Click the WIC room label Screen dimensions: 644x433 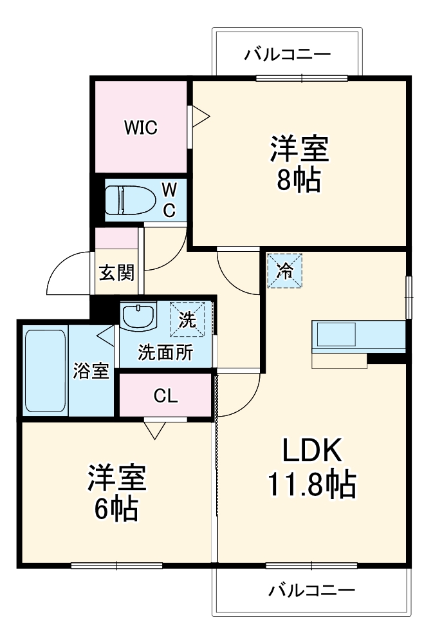(x=140, y=128)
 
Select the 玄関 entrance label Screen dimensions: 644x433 (x=116, y=272)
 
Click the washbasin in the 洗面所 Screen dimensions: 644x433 (x=138, y=317)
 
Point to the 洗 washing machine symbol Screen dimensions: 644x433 (x=187, y=320)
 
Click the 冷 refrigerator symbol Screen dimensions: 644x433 (x=284, y=271)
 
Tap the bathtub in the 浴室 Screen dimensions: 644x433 (x=45, y=372)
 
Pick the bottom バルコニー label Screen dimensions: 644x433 (x=312, y=590)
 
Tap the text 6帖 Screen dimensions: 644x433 (x=116, y=509)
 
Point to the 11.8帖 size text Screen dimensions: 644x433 (x=312, y=484)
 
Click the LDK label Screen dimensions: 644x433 (x=312, y=451)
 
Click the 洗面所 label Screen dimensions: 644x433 (x=165, y=353)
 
